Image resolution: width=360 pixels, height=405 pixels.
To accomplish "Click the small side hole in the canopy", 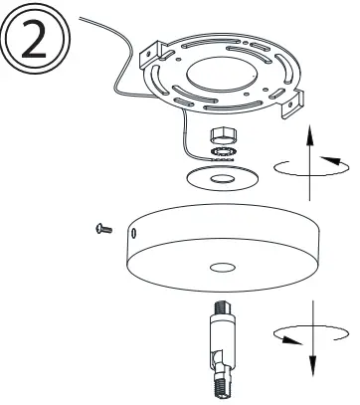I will click(133, 233).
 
